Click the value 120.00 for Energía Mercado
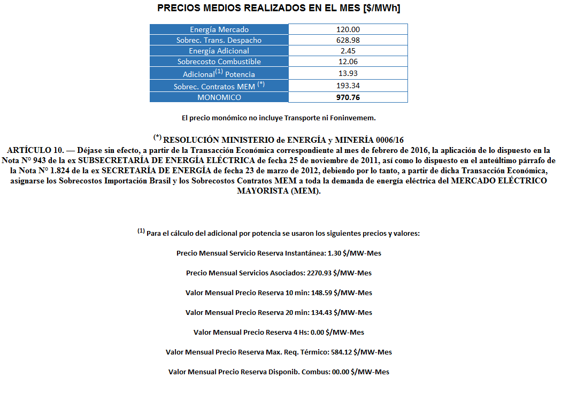[x=348, y=29]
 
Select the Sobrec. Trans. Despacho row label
[x=219, y=40]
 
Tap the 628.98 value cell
[x=348, y=40]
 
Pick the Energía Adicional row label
[x=219, y=51]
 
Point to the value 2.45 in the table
[x=348, y=51]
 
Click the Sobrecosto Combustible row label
[x=219, y=61]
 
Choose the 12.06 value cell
[x=348, y=61]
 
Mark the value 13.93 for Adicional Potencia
[x=348, y=73]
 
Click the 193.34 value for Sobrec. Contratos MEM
[x=348, y=86]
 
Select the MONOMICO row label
[x=219, y=97]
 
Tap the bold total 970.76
[x=348, y=97]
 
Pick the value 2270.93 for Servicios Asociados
[x=319, y=273]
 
